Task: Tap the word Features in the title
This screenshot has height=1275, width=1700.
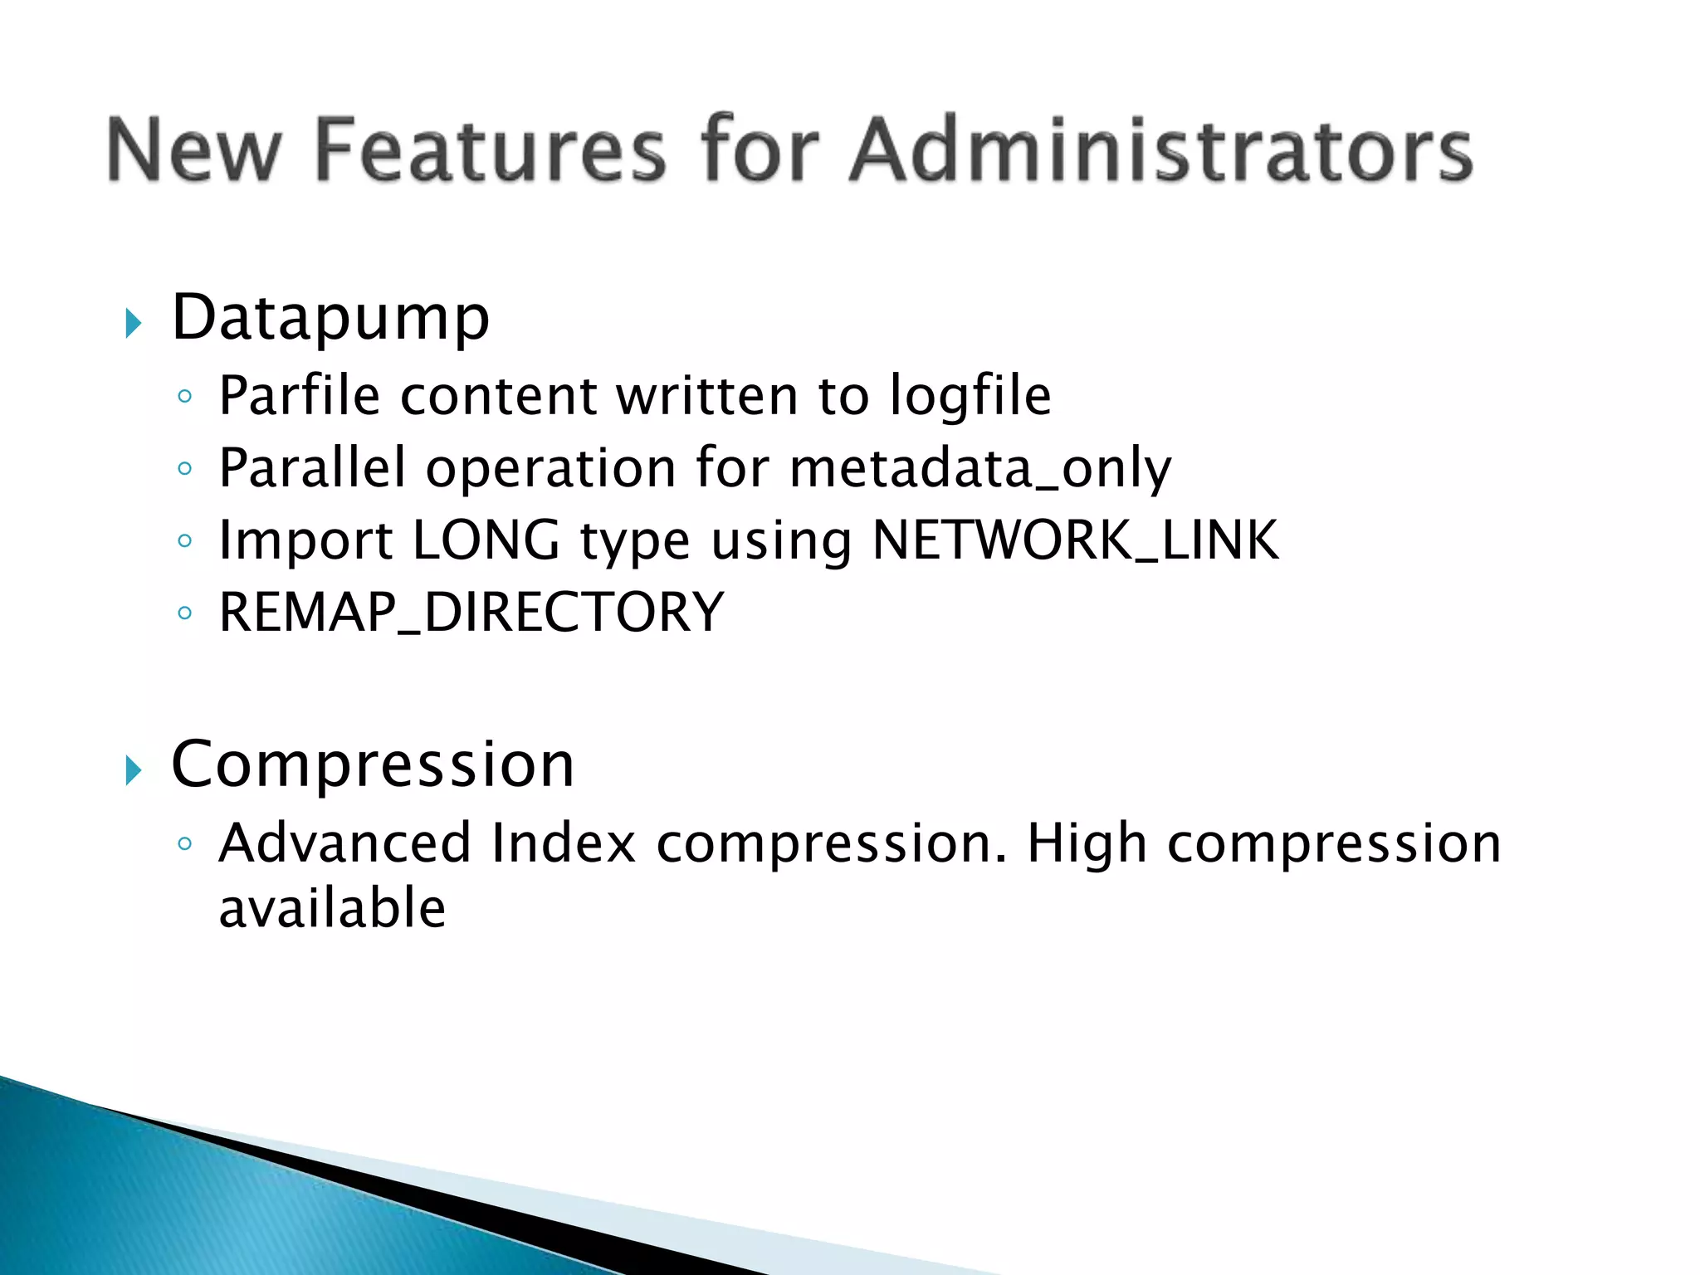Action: click(x=491, y=149)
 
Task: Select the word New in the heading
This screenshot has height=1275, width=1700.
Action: click(x=194, y=149)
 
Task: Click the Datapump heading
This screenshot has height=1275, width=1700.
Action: click(x=330, y=319)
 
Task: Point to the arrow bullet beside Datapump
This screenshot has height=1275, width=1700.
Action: click(x=133, y=323)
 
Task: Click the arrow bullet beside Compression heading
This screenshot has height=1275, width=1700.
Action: click(x=133, y=770)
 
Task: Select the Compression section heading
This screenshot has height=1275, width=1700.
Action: click(x=373, y=765)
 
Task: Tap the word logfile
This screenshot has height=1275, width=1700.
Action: click(x=970, y=396)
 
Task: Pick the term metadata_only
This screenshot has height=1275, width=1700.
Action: click(x=980, y=469)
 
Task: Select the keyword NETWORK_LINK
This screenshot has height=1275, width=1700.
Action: click(x=1075, y=541)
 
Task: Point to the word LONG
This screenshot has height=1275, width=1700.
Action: click(x=486, y=540)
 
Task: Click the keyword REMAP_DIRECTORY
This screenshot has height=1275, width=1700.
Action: click(x=471, y=613)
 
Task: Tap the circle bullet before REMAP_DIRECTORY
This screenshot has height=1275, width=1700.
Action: click(x=185, y=614)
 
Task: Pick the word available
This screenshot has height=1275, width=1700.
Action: click(x=332, y=907)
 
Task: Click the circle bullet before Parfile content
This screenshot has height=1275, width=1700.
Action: click(x=185, y=396)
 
